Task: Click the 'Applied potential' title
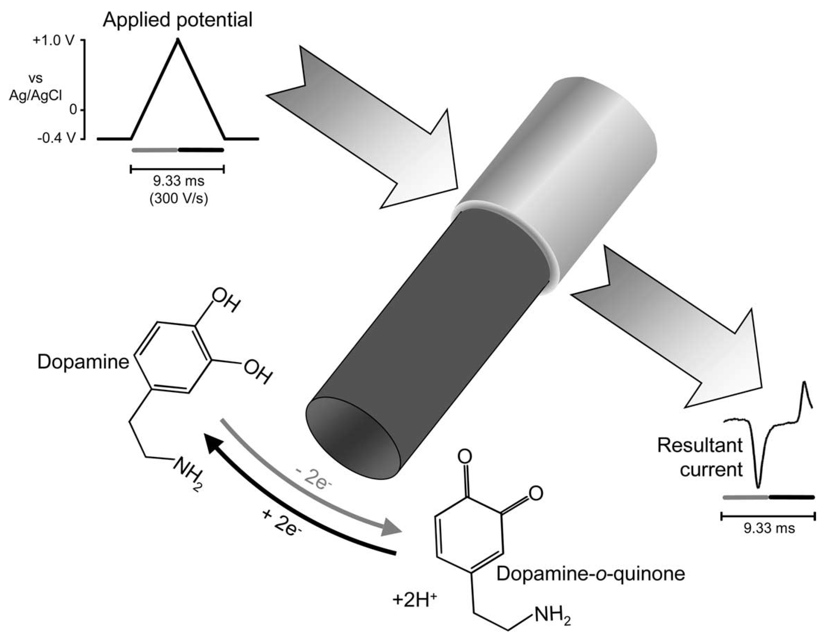(x=177, y=20)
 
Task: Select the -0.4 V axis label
(x=56, y=139)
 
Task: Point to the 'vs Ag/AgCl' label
(x=36, y=87)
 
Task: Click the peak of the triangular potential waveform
(x=177, y=40)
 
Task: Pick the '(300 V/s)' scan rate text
(x=179, y=199)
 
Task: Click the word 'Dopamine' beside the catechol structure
(x=83, y=362)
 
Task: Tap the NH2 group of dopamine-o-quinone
(x=553, y=616)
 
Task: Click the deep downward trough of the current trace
(x=758, y=486)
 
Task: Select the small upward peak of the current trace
(x=804, y=383)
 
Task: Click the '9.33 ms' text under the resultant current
(x=769, y=529)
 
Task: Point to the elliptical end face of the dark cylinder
(x=354, y=438)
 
